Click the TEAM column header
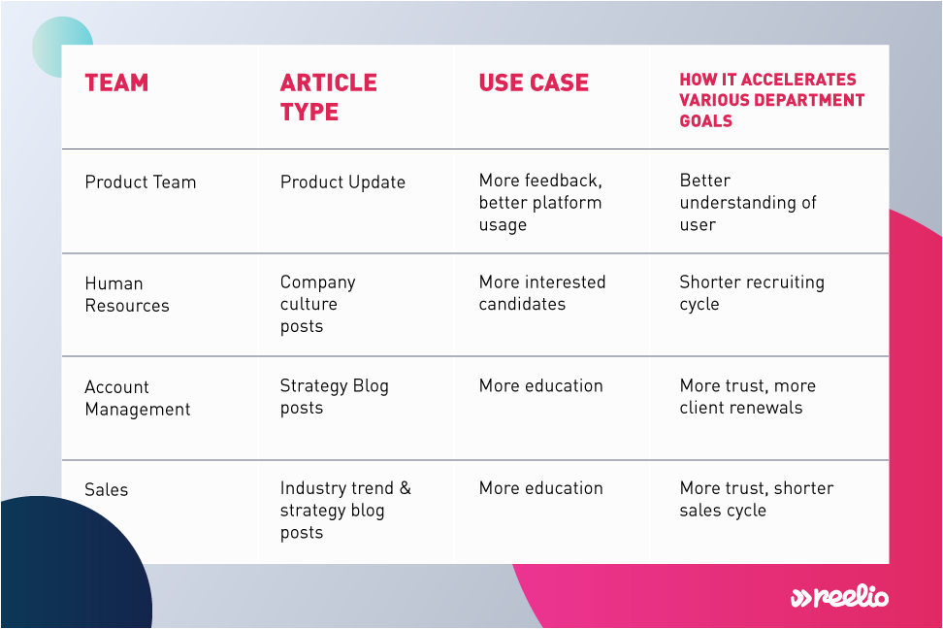(116, 83)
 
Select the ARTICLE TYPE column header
(328, 97)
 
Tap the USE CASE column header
(534, 83)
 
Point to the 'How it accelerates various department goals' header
(771, 100)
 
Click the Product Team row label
(140, 182)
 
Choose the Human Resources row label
(127, 294)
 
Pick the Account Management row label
(138, 398)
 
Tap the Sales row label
(107, 489)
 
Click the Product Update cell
(342, 182)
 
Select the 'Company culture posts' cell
(317, 304)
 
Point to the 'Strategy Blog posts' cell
(335, 396)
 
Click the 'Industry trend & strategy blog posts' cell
(345, 510)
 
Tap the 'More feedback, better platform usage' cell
(540, 202)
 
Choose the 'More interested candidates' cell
(542, 293)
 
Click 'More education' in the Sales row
(540, 488)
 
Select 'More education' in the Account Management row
(540, 385)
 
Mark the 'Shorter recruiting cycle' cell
(752, 293)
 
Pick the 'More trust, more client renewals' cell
(748, 396)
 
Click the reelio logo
(839, 596)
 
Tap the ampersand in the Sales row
(406, 488)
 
